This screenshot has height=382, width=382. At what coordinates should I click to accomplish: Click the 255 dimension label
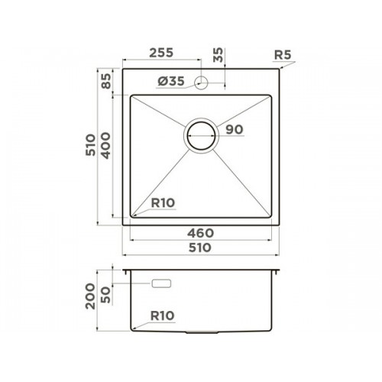pos(161,53)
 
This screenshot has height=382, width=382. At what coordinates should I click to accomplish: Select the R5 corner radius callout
pos(283,55)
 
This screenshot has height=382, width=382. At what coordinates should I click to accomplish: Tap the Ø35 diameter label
pos(170,81)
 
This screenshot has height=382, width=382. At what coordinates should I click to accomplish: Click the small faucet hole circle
pos(201,83)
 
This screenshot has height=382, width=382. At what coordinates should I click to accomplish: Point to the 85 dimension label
pos(106,81)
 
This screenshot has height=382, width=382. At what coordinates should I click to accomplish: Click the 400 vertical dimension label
pos(106,145)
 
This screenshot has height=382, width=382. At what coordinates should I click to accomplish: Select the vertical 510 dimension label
pos(91,145)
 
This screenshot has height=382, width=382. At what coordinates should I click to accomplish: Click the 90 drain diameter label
pos(235,130)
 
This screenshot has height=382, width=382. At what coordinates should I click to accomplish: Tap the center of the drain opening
pos(201,136)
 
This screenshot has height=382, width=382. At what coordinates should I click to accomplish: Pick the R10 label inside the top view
pos(163,203)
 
